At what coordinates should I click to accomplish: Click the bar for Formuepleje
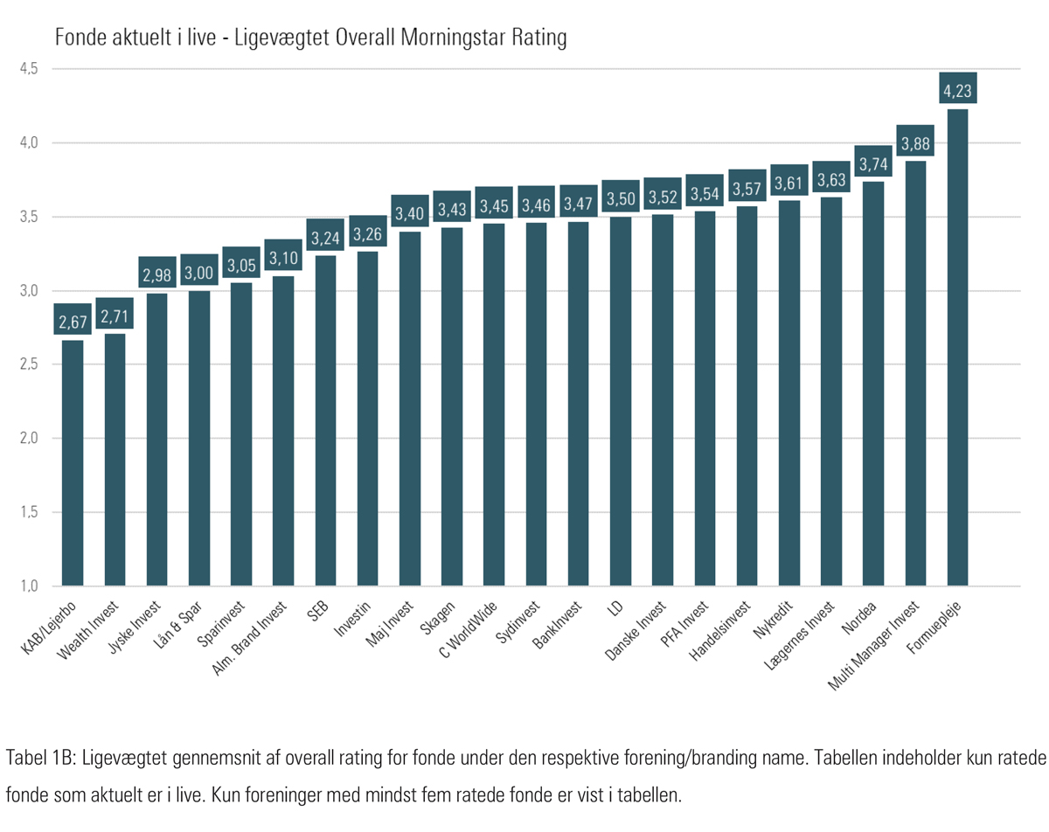957,350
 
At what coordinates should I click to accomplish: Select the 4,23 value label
957,88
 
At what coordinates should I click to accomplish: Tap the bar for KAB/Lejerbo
73,463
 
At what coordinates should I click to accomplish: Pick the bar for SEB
325,419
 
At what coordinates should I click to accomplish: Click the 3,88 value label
915,141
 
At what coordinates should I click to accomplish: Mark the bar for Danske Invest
663,402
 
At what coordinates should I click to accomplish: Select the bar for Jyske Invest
156,437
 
